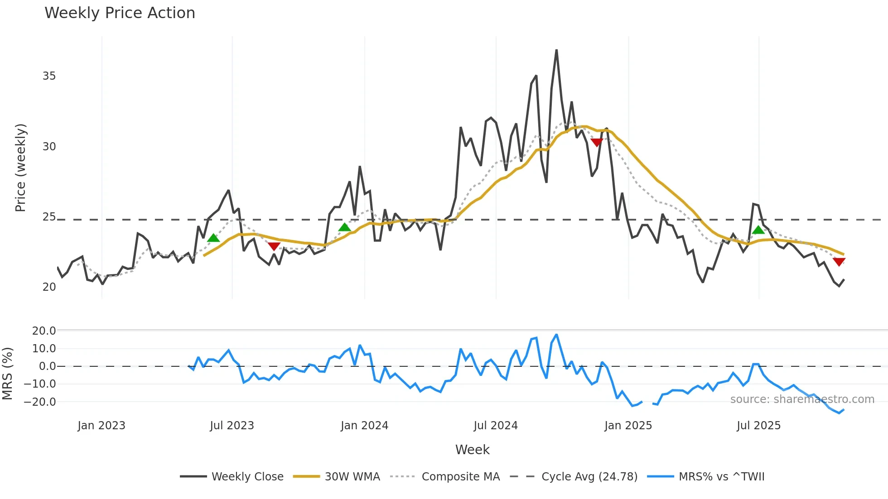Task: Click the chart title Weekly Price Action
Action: click(x=120, y=13)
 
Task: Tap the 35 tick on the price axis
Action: click(x=49, y=76)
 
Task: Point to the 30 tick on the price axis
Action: click(x=49, y=147)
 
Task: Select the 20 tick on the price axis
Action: click(x=49, y=287)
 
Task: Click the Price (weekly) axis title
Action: click(x=21, y=168)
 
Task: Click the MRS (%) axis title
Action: click(x=8, y=374)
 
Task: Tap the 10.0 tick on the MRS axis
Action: click(x=44, y=349)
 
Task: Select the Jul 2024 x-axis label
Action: click(x=496, y=426)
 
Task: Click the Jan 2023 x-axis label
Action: click(x=101, y=426)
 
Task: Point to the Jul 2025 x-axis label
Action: click(x=759, y=426)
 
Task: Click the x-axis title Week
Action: click(x=472, y=450)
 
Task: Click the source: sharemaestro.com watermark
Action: click(x=802, y=399)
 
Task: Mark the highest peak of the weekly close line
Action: click(x=556, y=50)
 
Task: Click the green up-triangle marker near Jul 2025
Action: click(x=758, y=230)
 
